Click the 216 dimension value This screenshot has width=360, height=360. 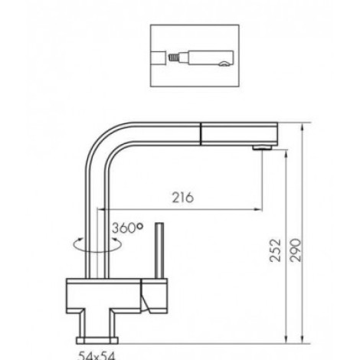183,198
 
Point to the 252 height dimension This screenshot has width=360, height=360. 275,250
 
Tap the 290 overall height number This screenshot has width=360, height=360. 296,250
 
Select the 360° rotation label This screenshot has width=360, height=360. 127,227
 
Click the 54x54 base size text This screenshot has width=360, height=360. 97,355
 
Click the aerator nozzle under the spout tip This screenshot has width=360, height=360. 262,148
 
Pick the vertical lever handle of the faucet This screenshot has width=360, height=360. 159,250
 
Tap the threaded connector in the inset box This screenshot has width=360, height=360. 173,57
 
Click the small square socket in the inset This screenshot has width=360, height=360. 158,57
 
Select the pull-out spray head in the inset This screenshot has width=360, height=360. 206,58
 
